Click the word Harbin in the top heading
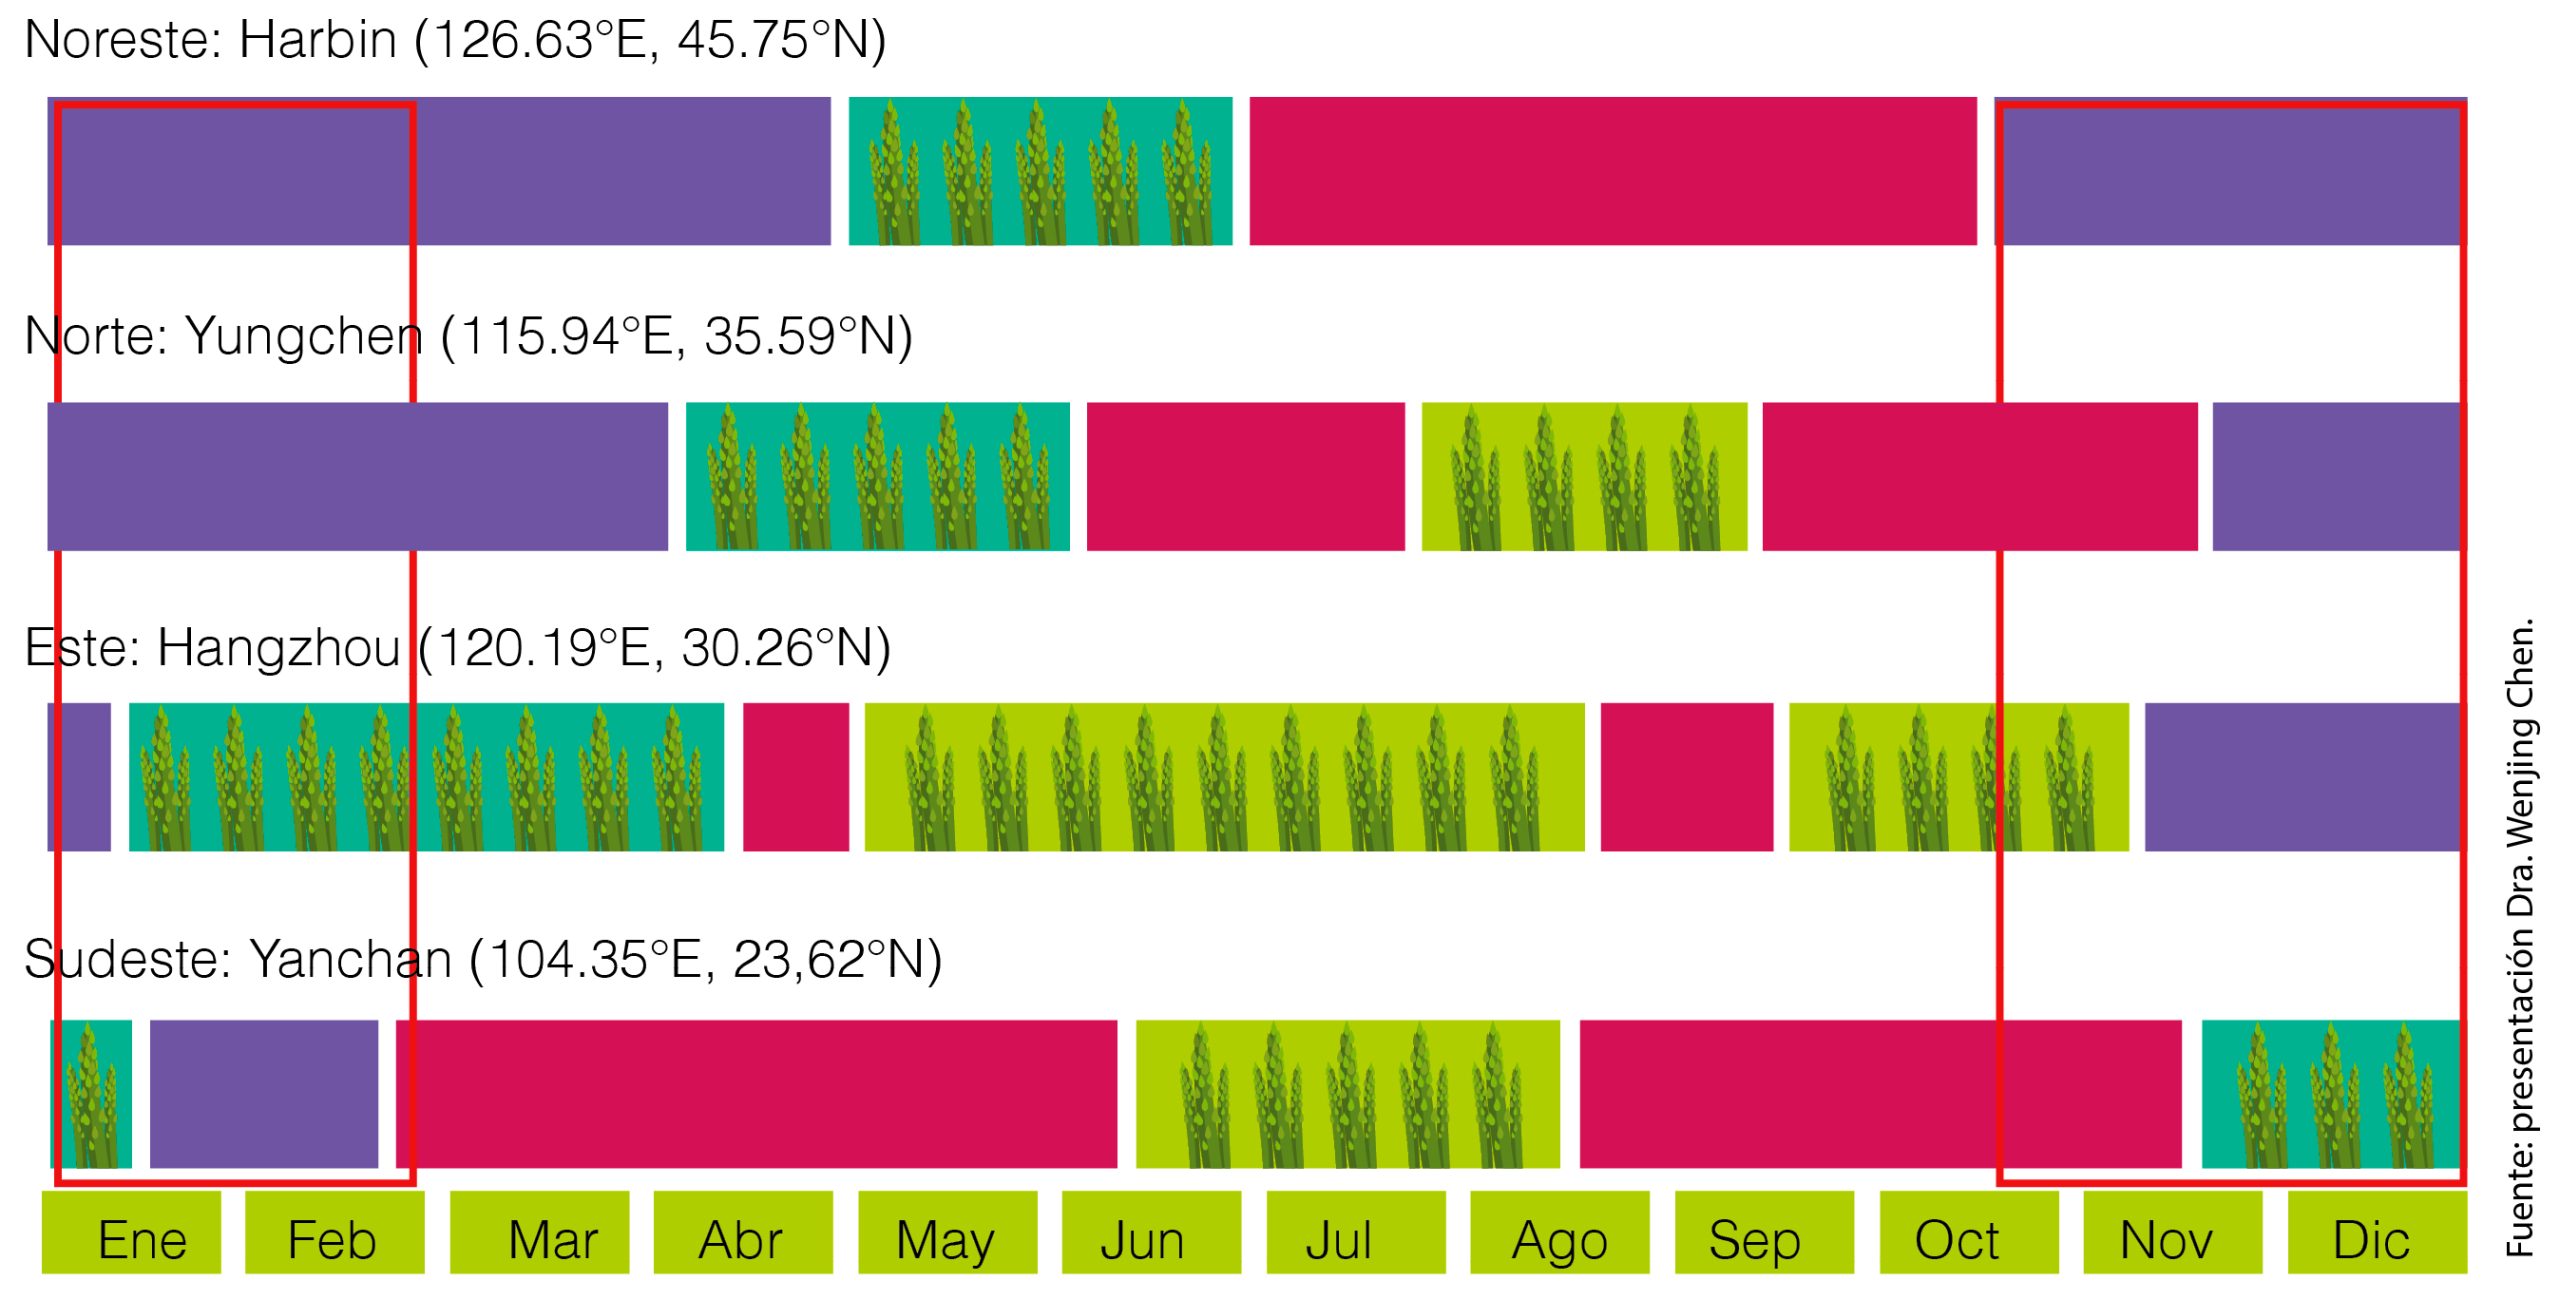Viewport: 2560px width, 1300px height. point(318,41)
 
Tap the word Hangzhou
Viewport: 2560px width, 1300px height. point(279,648)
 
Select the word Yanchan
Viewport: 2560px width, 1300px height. point(350,960)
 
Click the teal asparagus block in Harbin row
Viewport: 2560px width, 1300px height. point(1040,171)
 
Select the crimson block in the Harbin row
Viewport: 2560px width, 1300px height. point(1612,171)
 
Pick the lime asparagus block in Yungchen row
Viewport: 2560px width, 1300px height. point(1584,477)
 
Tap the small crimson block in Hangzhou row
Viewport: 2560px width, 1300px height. point(795,777)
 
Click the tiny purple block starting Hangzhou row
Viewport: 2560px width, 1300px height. point(79,777)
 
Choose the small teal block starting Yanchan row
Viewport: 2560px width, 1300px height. point(91,1094)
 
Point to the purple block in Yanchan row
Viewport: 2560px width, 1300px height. point(264,1094)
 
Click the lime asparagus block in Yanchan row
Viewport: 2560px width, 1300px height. point(1347,1094)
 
